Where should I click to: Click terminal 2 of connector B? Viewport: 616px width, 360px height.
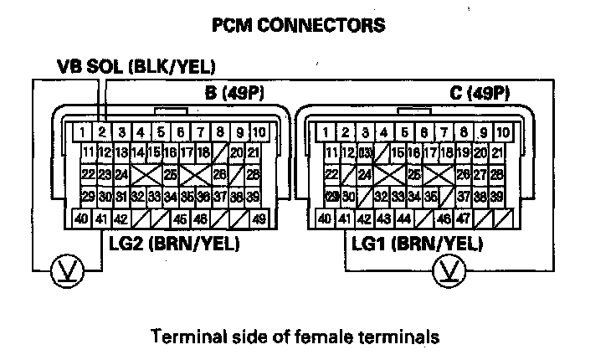click(x=101, y=131)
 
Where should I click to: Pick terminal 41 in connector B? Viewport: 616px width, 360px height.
click(x=101, y=219)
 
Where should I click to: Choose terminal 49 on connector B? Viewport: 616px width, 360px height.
click(x=258, y=219)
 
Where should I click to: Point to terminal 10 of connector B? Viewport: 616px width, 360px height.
click(x=259, y=131)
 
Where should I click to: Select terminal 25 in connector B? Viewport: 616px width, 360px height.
click(x=170, y=175)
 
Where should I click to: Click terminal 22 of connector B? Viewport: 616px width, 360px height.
click(x=87, y=175)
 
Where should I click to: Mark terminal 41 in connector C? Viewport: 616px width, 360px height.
click(x=343, y=219)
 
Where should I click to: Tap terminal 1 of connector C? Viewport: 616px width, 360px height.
click(x=324, y=131)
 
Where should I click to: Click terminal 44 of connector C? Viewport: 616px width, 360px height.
click(x=403, y=219)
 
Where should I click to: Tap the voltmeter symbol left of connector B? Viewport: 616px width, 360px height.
click(x=63, y=270)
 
